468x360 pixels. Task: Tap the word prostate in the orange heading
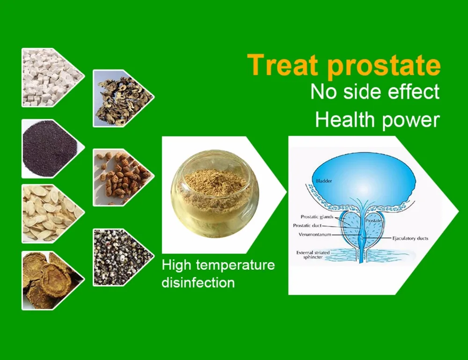click(x=384, y=66)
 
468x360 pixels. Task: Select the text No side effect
click(x=375, y=91)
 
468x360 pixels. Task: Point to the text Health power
click(x=377, y=120)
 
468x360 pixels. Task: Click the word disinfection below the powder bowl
click(x=198, y=282)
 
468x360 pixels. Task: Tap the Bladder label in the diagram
click(x=323, y=181)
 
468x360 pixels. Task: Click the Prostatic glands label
click(x=317, y=217)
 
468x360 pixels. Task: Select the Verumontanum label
click(x=315, y=235)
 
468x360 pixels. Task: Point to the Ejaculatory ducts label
click(x=410, y=238)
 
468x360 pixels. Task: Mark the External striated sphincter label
click(x=313, y=255)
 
